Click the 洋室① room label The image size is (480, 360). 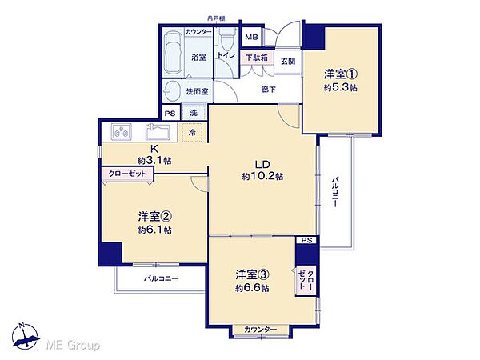pyautogui.click(x=341, y=74)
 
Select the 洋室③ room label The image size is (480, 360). pyautogui.click(x=252, y=274)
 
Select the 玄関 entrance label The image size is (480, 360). pyautogui.click(x=288, y=62)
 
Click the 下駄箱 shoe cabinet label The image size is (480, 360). pyautogui.click(x=257, y=58)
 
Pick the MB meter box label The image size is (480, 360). pyautogui.click(x=250, y=37)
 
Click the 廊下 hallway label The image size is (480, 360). pyautogui.click(x=269, y=90)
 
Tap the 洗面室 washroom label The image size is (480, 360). pyautogui.click(x=197, y=91)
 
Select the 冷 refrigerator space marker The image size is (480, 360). pyautogui.click(x=192, y=133)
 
